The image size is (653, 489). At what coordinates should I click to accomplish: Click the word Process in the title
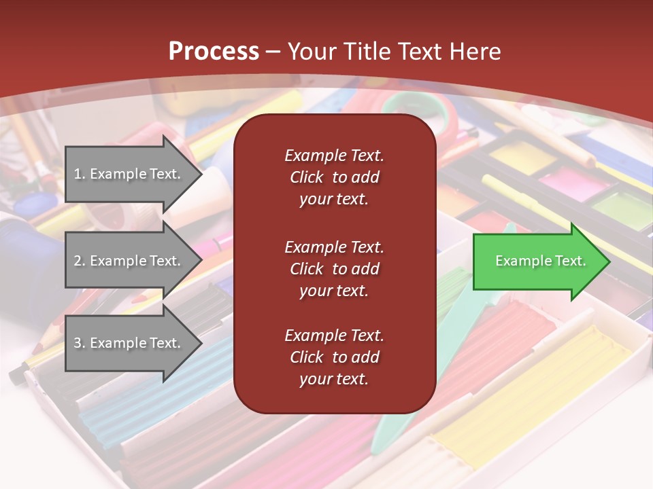[x=214, y=51]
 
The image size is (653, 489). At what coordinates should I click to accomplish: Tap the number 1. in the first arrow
[x=80, y=174]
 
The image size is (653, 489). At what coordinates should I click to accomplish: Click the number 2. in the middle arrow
[x=80, y=261]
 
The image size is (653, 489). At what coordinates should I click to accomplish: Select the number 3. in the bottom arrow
[x=80, y=343]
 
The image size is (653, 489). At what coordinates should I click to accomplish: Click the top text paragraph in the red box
[x=334, y=177]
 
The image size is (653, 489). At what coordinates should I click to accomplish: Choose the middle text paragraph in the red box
[x=334, y=268]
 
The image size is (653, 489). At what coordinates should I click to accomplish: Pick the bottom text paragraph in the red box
[x=334, y=357]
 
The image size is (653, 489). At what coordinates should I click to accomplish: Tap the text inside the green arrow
[x=541, y=261]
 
